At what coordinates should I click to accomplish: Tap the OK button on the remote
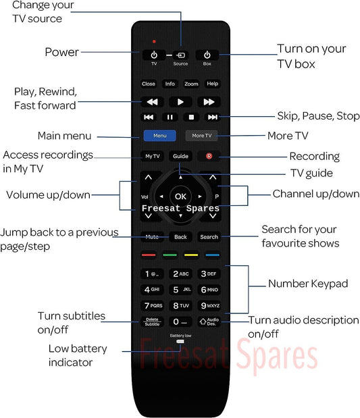[180, 197]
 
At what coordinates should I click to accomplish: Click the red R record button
[209, 156]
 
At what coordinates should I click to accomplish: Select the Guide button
[180, 156]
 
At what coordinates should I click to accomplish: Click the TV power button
[154, 55]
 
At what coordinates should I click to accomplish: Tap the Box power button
[207, 55]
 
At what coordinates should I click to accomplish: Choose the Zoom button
[191, 84]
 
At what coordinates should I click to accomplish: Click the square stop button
[191, 117]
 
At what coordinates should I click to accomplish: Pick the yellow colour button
[191, 255]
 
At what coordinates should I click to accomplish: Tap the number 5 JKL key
[180, 290]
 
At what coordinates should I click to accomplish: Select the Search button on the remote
[209, 237]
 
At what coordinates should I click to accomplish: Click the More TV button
[201, 136]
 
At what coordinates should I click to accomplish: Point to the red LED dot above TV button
[154, 42]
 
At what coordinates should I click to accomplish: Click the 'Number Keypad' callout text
[308, 284]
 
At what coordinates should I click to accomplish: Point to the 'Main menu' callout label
[65, 136]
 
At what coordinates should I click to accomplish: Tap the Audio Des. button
[209, 321]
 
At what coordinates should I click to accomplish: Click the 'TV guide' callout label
[312, 174]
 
